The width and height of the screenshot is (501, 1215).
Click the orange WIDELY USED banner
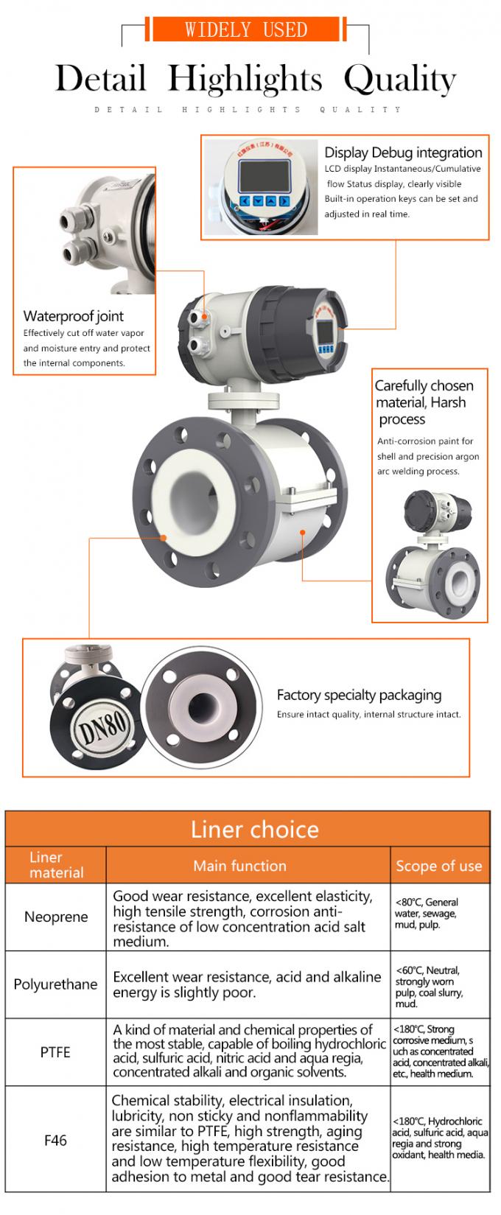tap(245, 29)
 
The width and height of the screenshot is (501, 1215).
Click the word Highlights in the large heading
tap(245, 79)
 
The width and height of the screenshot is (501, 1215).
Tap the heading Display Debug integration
tap(403, 153)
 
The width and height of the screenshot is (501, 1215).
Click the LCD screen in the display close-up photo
tap(264, 175)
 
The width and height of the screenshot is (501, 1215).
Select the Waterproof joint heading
tap(73, 316)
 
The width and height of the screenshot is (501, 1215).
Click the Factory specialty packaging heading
tap(359, 695)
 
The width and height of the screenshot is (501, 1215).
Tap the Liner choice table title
tap(255, 830)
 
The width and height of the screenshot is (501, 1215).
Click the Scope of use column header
tap(438, 866)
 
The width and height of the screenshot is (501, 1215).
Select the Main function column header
tap(239, 866)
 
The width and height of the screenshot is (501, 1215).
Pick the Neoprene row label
tap(56, 917)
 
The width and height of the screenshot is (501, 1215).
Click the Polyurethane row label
tap(55, 984)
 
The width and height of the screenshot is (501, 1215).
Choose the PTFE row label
tap(55, 1052)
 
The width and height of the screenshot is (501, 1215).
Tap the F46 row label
tap(55, 1140)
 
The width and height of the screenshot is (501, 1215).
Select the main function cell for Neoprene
tap(242, 919)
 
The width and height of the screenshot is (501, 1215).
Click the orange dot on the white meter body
tap(303, 533)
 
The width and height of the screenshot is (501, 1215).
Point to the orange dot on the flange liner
tap(164, 538)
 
